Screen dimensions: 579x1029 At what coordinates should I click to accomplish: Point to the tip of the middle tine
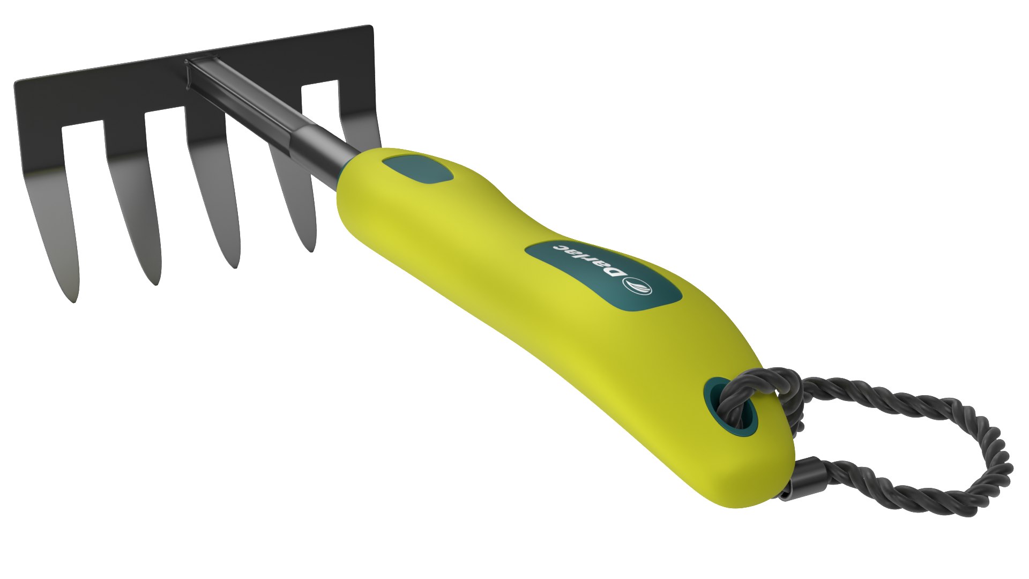235,266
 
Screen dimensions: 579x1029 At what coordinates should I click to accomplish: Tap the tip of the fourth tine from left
311,250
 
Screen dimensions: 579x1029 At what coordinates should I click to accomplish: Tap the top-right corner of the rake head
371,27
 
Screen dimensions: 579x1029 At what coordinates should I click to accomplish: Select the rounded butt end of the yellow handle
772,482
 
